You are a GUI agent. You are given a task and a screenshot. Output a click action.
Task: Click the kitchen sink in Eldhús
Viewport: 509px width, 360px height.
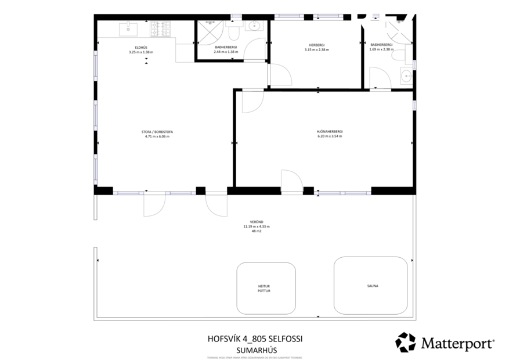tap(127, 27)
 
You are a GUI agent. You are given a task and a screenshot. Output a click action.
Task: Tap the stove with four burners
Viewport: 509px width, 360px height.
tap(161, 27)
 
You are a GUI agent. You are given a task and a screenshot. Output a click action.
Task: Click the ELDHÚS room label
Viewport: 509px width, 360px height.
tap(141, 48)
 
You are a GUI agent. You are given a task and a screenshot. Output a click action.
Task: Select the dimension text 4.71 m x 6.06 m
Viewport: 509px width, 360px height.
tap(157, 136)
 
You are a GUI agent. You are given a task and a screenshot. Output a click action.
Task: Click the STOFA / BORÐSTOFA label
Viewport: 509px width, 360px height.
tap(157, 132)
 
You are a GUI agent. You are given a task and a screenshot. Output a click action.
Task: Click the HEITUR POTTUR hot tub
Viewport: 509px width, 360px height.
tap(265, 289)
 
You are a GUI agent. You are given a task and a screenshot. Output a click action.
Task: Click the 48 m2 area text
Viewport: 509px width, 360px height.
tap(256, 231)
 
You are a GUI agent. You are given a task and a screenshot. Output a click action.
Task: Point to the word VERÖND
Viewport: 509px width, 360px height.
tap(256, 222)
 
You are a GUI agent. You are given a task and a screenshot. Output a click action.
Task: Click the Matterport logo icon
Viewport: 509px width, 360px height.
tap(405, 342)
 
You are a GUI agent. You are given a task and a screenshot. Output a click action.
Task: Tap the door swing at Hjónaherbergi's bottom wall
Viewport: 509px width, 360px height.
tap(290, 181)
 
